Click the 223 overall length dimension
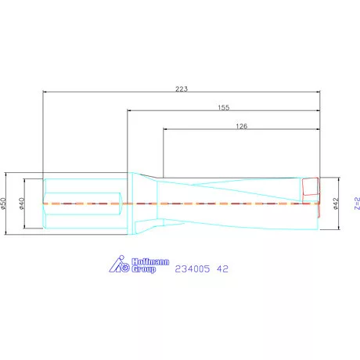(182, 88)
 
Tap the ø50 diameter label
(5, 203)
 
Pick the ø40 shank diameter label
(23, 203)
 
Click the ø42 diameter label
(336, 203)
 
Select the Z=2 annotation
(356, 203)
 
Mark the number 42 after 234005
(222, 268)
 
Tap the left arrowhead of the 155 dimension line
(130, 111)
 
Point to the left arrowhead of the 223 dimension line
(45, 92)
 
